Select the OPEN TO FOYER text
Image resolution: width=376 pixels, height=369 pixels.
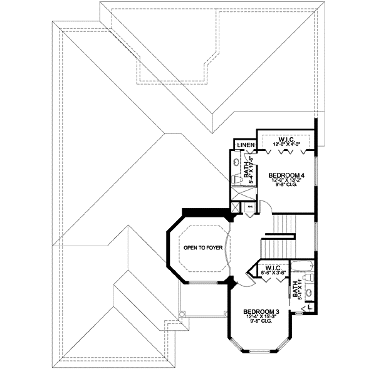[203, 248]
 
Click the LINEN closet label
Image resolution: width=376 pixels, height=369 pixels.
[244, 147]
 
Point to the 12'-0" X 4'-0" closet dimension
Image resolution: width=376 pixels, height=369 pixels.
[286, 145]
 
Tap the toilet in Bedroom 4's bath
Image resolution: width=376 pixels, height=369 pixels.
[236, 180]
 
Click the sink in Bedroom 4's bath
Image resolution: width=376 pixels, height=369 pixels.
[236, 162]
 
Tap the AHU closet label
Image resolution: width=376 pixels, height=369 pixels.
[250, 207]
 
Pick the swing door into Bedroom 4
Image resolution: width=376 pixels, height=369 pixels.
[266, 207]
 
